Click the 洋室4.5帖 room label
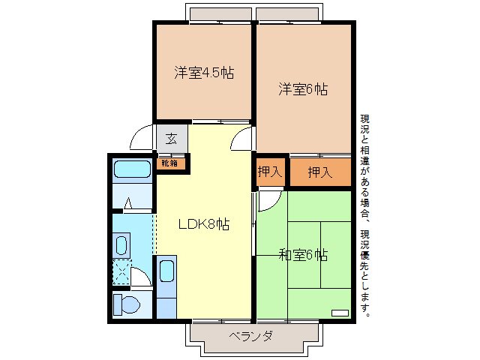click(204, 73)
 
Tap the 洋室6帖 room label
click(304, 89)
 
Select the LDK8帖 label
click(203, 224)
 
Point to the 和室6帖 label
click(303, 254)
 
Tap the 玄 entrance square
click(172, 139)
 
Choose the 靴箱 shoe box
click(170, 162)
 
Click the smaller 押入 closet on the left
click(270, 172)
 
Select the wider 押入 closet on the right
click(320, 172)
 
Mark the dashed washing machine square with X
click(121, 271)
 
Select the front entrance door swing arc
click(142, 139)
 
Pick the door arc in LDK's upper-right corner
click(241, 139)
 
